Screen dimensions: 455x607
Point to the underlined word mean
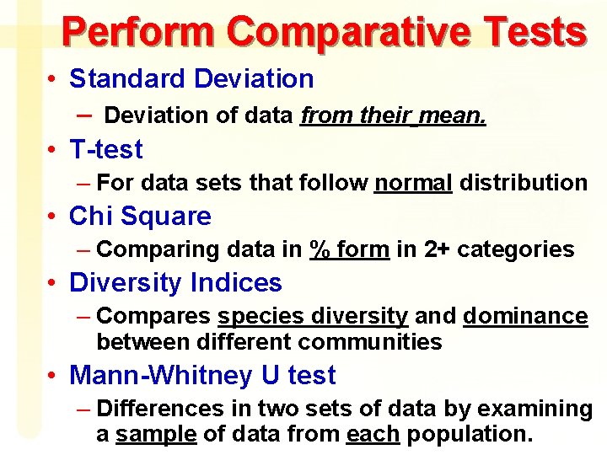tap(455, 115)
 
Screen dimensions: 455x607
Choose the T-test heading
tap(106, 150)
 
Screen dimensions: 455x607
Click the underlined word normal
tap(413, 182)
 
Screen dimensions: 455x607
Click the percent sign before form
tap(320, 249)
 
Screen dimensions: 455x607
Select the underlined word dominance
tap(524, 317)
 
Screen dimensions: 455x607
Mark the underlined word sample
tap(155, 435)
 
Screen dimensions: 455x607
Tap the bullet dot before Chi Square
tap(52, 217)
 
